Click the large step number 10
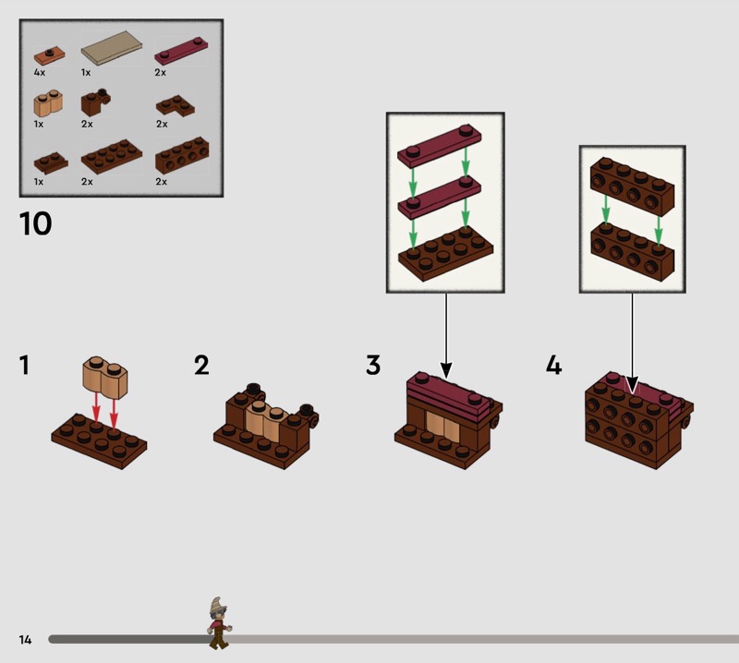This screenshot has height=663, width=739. click(x=35, y=223)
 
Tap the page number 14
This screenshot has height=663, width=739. click(x=25, y=639)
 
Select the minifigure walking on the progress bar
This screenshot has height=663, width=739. click(x=219, y=623)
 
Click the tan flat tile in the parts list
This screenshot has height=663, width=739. click(x=112, y=48)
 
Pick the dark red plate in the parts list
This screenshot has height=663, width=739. click(x=181, y=51)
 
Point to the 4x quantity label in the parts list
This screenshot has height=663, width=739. click(x=40, y=73)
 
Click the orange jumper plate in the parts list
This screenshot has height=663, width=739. click(x=50, y=55)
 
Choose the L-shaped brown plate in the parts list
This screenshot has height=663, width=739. click(x=176, y=105)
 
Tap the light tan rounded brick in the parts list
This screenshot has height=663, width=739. click(x=48, y=103)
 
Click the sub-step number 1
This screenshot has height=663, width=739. click(x=24, y=365)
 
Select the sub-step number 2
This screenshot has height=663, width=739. click(x=201, y=365)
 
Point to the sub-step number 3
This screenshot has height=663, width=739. click(x=373, y=365)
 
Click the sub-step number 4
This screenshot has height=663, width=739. click(x=553, y=365)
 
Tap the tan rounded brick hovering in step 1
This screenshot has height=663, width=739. click(x=105, y=375)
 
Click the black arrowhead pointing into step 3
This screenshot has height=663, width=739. click(x=446, y=370)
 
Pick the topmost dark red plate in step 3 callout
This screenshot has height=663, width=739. click(x=440, y=145)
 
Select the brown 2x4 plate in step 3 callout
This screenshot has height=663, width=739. click(x=445, y=254)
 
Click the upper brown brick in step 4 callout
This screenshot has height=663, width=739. click(x=633, y=187)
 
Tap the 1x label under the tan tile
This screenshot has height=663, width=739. click(x=85, y=73)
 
